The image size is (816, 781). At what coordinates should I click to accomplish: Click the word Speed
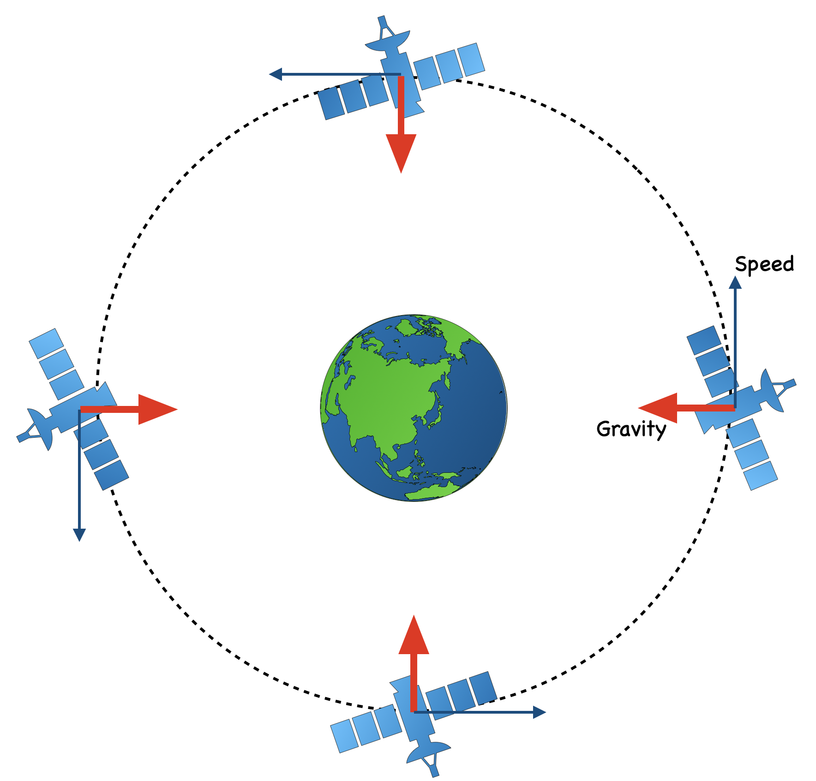[x=764, y=264]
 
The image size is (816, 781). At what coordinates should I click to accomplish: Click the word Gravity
[x=631, y=429]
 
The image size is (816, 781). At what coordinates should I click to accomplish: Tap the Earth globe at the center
[x=414, y=408]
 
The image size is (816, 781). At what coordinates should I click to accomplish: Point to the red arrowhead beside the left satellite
[x=155, y=409]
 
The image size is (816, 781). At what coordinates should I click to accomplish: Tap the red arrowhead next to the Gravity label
[x=660, y=408]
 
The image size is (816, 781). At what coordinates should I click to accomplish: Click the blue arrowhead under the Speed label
[x=735, y=283]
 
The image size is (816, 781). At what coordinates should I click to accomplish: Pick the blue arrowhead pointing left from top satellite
[x=276, y=74]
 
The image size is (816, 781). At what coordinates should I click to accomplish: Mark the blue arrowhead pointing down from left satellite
[x=79, y=535]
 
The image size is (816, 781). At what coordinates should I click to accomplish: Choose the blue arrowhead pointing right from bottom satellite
[x=539, y=712]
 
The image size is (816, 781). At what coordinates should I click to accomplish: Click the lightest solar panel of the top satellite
[x=471, y=60]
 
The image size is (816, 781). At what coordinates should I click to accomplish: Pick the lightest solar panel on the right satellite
[x=761, y=476]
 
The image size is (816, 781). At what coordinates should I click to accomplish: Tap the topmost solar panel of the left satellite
[x=46, y=343]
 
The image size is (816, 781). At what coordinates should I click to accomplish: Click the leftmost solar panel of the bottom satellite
[x=344, y=736]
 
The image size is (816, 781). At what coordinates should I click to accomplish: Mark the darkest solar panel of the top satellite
[x=331, y=103]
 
